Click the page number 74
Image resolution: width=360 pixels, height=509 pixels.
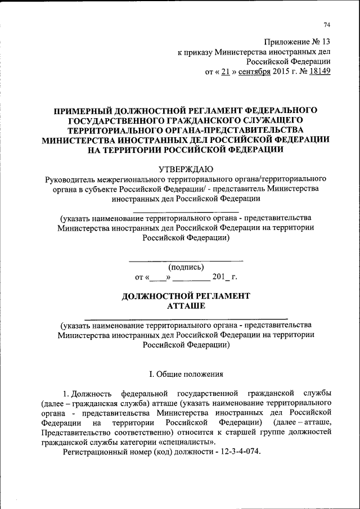click(326, 24)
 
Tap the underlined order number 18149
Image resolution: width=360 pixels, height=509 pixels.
click(318, 71)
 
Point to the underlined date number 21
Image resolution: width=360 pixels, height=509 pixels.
click(224, 71)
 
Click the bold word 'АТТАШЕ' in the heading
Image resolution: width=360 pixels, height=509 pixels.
click(186, 305)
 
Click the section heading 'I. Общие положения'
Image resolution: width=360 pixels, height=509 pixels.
click(186, 373)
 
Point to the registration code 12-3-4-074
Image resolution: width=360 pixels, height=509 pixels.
click(236, 453)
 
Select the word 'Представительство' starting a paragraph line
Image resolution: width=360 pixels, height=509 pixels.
click(74, 432)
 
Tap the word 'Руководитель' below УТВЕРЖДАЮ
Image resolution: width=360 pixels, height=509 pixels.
click(70, 178)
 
